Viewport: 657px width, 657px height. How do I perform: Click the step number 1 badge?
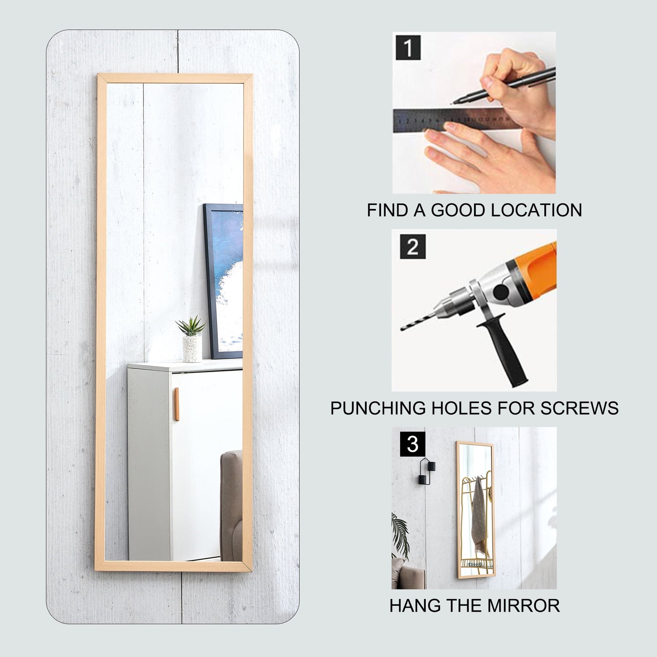coord(408,47)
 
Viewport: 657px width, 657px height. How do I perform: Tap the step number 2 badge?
coord(413,246)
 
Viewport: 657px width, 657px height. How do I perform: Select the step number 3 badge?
coord(413,444)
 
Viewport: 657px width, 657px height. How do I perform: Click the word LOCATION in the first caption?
coord(536,210)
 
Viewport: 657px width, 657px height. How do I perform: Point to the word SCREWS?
coord(579,408)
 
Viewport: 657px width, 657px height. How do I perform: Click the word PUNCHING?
coord(378,408)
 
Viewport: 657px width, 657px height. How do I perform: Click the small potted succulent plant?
coord(191,339)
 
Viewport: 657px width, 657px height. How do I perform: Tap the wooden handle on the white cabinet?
coord(177,404)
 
